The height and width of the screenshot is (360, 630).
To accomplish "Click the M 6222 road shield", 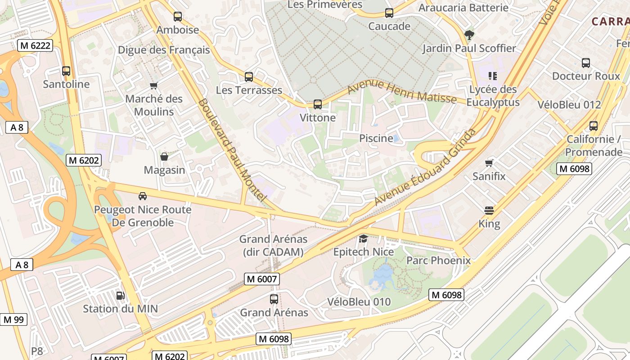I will coord(35,45).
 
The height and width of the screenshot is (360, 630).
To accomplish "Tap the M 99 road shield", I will coord(13,320).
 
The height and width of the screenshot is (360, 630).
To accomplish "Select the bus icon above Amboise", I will coord(178,17).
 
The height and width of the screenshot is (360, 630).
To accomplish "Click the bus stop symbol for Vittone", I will coord(318,104).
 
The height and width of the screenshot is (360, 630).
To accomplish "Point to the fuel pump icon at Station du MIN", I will coord(121,296).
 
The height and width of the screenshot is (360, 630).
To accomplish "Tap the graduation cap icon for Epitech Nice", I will coord(363,238).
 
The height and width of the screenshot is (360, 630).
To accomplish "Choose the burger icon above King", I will coord(489,210).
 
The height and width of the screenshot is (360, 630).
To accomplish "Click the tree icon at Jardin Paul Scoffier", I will coord(469,35).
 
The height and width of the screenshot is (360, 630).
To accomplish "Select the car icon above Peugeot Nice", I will coord(143,196).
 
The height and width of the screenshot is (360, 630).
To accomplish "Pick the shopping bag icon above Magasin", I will coord(164,157).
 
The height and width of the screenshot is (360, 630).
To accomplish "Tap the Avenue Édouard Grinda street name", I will coord(425,166).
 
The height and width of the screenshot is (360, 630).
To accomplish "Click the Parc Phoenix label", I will coord(438,261).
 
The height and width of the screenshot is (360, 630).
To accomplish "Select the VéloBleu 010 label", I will coord(359,301).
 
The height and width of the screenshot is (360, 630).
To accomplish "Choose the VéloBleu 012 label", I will coord(569,104).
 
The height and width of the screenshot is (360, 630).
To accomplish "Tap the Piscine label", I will coord(376,138).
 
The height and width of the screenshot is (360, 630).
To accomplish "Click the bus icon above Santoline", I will coord(66,71).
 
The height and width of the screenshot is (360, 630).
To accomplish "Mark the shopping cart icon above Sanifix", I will coord(489,163).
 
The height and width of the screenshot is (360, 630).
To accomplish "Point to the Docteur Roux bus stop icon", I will coord(586,63).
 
